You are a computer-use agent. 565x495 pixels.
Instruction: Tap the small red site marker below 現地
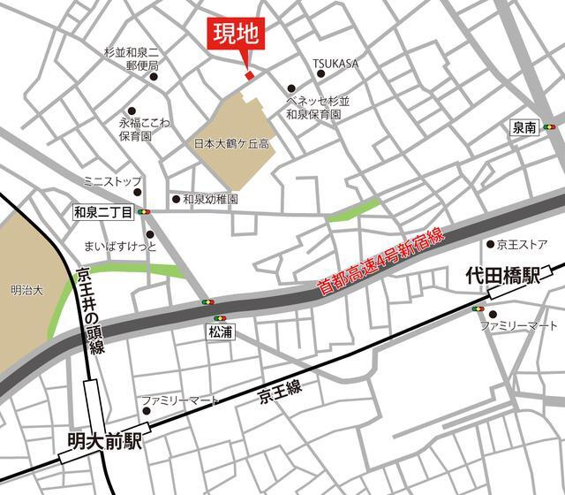249,75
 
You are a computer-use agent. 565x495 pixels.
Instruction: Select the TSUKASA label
335,63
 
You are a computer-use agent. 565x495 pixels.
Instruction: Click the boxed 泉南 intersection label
524,127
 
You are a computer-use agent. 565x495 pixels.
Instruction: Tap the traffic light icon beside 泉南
551,127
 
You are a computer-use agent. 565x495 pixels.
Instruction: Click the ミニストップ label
112,181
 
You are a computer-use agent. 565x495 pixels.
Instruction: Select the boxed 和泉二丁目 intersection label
102,212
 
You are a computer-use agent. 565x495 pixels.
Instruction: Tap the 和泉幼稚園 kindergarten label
211,200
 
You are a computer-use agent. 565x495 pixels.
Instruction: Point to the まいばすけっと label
119,244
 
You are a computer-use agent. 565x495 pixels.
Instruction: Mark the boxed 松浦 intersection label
220,332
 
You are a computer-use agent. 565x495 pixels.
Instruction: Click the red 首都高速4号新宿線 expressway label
383,261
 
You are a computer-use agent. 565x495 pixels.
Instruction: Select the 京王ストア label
523,244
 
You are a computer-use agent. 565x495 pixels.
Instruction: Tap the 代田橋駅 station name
502,278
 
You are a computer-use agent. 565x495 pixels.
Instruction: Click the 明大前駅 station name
104,438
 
